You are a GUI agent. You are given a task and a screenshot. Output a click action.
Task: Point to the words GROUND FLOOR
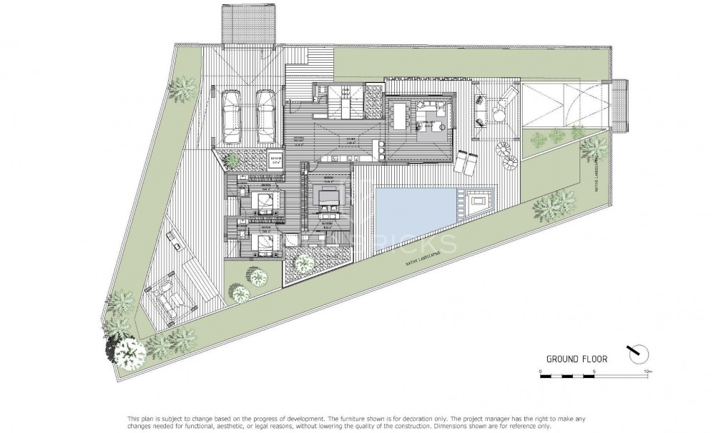[x=577, y=359]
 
